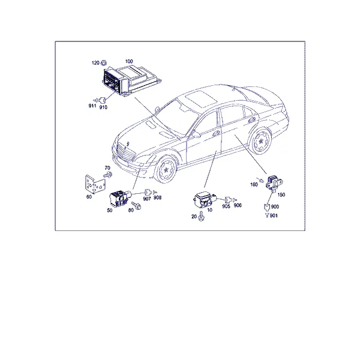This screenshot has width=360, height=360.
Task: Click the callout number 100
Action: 129,61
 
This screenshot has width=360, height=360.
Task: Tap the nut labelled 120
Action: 103,62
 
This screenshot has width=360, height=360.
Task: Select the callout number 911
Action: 92,106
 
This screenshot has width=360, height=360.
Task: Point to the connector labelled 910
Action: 102,100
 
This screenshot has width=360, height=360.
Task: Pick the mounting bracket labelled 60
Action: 95,184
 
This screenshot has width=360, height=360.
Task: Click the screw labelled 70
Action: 108,175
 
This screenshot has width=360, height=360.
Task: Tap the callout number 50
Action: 110,210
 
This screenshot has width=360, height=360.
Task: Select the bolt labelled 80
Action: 136,205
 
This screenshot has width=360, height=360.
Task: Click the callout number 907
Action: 147,199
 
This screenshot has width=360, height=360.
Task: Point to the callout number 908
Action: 157,197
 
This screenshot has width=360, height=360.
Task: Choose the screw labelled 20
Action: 201,216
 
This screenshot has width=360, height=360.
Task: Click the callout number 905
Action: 226,206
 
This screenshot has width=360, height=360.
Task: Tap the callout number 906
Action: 238,205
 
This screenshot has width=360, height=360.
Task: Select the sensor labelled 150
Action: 274,182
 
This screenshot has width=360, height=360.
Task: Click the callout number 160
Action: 254,184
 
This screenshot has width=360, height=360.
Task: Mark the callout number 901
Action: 274,215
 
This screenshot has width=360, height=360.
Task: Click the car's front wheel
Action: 166,169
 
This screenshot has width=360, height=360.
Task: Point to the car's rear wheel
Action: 261,141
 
